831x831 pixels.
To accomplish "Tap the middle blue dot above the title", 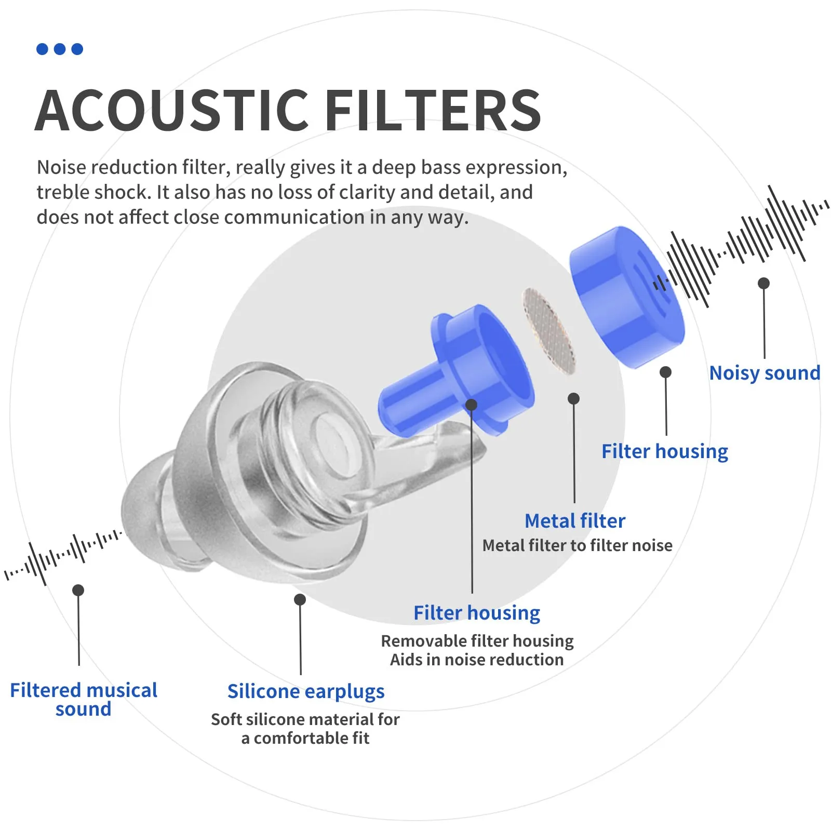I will [60, 49].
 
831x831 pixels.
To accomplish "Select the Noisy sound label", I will [765, 373].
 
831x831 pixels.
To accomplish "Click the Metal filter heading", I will [574, 521].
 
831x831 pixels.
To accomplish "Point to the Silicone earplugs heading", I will [306, 691].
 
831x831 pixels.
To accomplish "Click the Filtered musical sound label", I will [84, 699].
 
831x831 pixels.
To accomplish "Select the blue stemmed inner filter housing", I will [457, 374].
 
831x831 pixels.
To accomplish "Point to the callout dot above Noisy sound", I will [763, 283].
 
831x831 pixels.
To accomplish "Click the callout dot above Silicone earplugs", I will [300, 600].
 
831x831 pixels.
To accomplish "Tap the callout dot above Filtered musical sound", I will [78, 590].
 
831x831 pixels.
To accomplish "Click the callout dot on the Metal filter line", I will [573, 398].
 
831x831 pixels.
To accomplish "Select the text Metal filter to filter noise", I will [577, 545].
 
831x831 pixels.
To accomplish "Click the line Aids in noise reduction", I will [477, 660].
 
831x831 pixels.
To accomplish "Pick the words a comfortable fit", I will [305, 738].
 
